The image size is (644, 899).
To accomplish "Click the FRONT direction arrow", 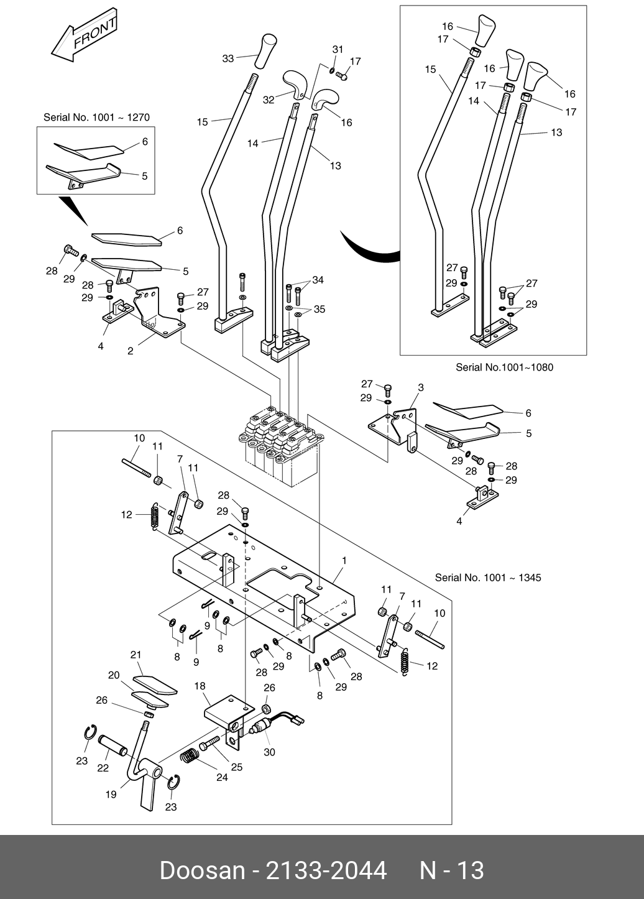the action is [x=85, y=35].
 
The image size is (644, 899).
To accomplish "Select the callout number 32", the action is [x=269, y=99].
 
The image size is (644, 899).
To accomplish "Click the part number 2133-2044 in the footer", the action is [x=326, y=870].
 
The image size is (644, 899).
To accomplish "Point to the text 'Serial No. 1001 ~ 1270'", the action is [x=96, y=117].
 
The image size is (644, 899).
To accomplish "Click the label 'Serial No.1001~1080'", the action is [x=504, y=367].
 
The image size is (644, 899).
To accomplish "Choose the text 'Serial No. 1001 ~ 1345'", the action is [x=488, y=578].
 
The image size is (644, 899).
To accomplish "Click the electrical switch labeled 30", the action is [x=277, y=724].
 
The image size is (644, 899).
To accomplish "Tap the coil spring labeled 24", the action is [x=188, y=755].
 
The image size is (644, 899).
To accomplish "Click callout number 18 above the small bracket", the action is [x=200, y=686].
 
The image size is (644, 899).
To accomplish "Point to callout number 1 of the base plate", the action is [x=344, y=560].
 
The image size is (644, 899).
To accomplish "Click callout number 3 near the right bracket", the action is [x=420, y=387].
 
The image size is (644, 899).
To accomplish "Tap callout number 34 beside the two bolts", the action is [x=318, y=280].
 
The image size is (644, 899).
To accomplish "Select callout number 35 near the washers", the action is [x=320, y=309].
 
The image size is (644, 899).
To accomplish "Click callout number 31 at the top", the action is [x=338, y=49].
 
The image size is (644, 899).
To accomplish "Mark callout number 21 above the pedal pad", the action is [x=136, y=655].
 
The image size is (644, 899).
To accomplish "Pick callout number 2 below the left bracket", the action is [x=131, y=351].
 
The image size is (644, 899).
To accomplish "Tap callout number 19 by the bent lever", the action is [x=111, y=794].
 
